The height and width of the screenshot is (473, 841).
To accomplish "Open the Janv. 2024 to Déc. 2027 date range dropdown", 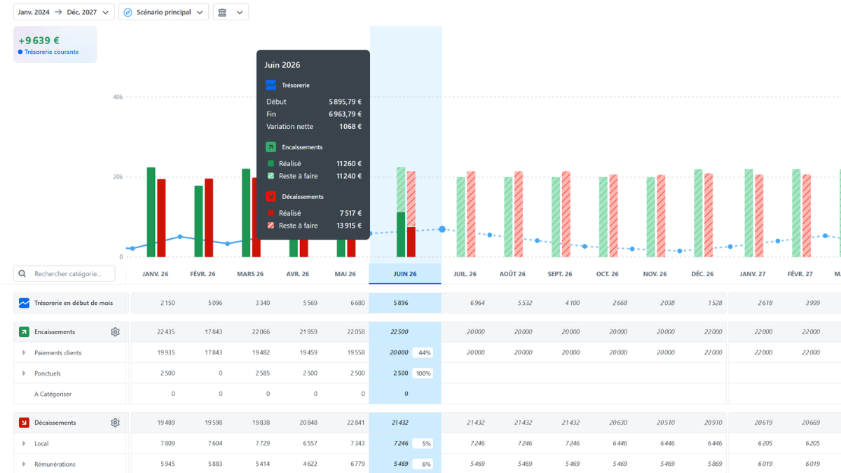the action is click(64, 12).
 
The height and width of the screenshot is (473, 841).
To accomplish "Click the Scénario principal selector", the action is click(164, 12).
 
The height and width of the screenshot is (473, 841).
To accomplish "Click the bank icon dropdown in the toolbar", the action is click(231, 12).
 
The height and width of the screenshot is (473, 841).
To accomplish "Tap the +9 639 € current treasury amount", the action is click(39, 41).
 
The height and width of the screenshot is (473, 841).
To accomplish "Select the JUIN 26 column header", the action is click(405, 274).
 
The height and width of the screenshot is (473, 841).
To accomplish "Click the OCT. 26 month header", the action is click(607, 274).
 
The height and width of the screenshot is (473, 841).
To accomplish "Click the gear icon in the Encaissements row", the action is click(115, 332).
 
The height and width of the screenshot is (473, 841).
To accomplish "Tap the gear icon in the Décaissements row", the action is click(115, 423).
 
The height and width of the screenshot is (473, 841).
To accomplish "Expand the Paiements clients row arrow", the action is click(24, 352).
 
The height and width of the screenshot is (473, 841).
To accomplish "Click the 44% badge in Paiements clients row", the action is click(424, 353).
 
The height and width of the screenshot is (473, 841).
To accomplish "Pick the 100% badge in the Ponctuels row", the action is click(423, 373).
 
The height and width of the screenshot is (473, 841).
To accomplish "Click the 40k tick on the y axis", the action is click(118, 97).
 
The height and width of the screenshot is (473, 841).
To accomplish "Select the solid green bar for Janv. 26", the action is click(151, 212).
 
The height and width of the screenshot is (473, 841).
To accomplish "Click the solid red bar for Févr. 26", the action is click(209, 218).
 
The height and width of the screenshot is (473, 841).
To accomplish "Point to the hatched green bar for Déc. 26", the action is click(698, 213).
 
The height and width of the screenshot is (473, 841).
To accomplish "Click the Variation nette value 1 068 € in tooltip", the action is click(350, 127).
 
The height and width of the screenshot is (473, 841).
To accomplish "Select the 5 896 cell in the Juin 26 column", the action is click(401, 303).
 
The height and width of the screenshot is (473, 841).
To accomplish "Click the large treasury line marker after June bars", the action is click(442, 229).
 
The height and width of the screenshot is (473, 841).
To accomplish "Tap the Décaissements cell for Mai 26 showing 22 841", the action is click(355, 423).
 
